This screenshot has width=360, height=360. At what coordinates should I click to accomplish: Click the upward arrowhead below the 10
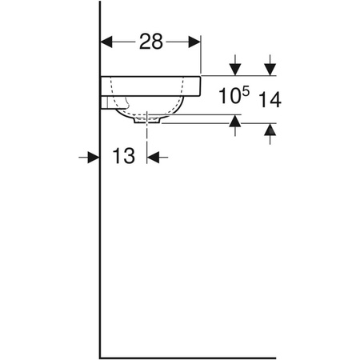tap(236, 120)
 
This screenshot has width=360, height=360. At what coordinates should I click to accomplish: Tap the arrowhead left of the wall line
tap(92, 158)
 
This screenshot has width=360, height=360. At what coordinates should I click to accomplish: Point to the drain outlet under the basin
tap(148, 122)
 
